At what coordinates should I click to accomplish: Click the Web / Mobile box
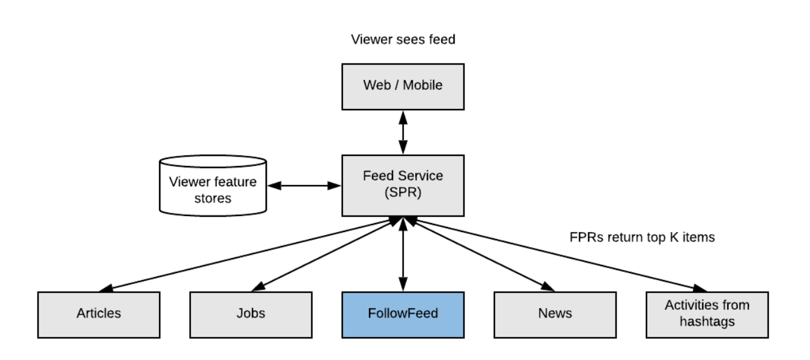[403, 86]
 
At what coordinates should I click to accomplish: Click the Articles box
[98, 314]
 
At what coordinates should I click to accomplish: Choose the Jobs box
[251, 314]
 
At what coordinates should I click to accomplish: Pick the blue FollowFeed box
[403, 314]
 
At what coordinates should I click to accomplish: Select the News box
[555, 314]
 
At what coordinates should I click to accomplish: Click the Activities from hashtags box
[707, 314]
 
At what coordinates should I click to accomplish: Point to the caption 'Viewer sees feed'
[403, 40]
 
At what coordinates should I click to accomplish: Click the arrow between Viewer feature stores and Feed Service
[304, 186]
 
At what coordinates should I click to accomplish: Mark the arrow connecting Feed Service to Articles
[247, 254]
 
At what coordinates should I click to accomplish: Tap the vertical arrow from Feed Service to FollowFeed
[403, 254]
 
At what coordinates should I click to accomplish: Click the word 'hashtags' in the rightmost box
[707, 322]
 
